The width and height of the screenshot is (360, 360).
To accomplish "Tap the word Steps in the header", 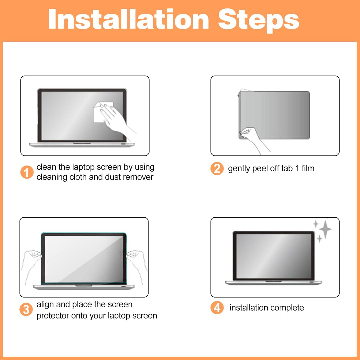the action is point(259,21).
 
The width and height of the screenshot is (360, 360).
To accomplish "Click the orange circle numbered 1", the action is point(27,172).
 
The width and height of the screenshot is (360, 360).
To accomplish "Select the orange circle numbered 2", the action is point(217,169).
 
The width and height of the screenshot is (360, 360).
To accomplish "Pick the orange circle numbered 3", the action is point(26,309).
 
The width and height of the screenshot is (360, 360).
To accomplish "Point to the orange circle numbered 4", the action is point(217,308).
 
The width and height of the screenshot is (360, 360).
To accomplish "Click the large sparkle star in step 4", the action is point(325,229).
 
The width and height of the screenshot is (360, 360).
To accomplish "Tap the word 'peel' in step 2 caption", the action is point(260,169).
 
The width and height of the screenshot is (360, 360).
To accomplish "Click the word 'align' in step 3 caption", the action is point(45,305).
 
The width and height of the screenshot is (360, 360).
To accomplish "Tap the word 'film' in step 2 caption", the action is point(308,168).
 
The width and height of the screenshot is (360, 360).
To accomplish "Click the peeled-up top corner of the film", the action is point(243,91).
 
